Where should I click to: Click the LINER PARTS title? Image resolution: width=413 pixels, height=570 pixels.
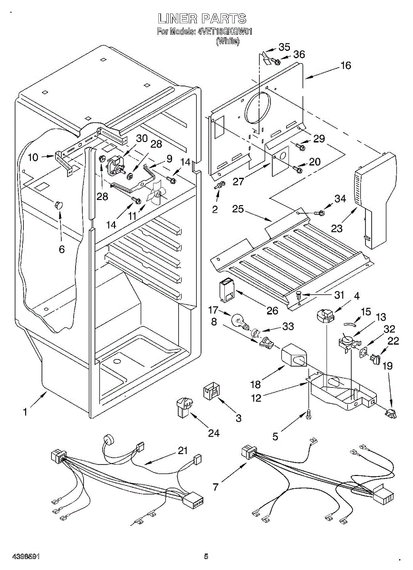[202, 19]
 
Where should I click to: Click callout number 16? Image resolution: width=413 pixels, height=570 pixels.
[346, 66]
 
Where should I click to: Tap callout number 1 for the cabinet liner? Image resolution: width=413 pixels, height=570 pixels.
[25, 412]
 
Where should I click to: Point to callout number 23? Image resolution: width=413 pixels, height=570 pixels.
[336, 228]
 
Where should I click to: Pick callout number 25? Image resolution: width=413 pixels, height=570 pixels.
[238, 209]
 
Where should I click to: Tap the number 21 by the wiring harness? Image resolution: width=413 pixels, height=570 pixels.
[183, 450]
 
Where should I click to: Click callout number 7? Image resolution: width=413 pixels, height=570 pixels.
[216, 487]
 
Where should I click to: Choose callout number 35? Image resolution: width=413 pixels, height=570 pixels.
[284, 47]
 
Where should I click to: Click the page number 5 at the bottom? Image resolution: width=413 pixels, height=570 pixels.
[206, 556]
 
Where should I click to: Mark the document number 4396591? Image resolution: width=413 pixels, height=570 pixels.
[24, 556]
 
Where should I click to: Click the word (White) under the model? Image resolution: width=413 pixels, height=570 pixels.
[228, 41]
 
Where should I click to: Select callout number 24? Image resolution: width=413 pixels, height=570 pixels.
[214, 433]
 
